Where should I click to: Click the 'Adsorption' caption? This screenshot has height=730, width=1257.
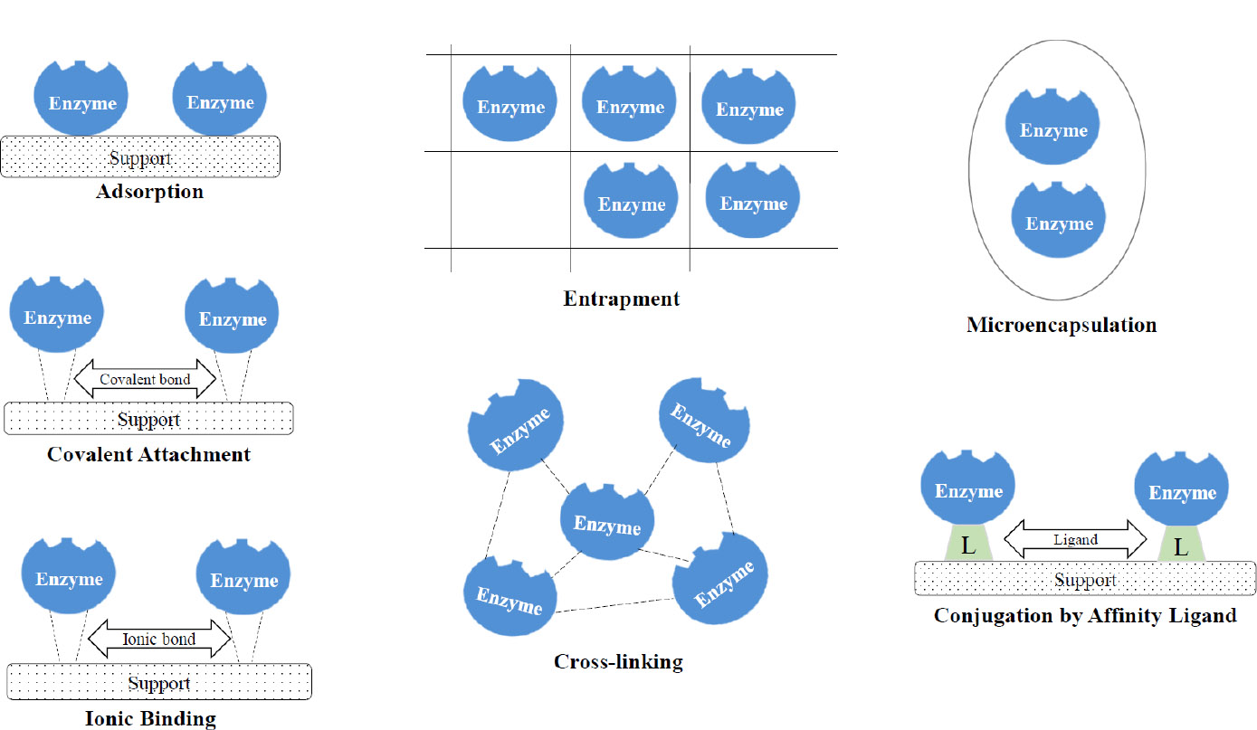pos(149,192)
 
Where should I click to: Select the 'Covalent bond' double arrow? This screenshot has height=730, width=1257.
pos(145,379)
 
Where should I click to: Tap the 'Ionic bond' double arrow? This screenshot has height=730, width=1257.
pos(158,639)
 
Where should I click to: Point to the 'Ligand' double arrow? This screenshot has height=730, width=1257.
pos(1075,539)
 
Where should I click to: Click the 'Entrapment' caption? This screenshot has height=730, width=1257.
pos(621,299)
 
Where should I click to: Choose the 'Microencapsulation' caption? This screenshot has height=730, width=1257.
pos(1062,325)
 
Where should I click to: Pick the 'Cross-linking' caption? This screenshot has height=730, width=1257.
pos(618,662)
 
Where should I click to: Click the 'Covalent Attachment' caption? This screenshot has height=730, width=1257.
pos(148,454)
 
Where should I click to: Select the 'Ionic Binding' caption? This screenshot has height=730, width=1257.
pos(150,719)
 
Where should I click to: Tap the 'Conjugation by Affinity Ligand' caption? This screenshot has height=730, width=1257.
pos(1085,616)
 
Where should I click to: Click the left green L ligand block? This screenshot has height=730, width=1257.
pos(967,545)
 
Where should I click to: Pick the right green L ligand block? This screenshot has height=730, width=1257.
pos(1181,545)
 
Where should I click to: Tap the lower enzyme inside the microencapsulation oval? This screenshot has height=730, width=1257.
pos(1059,222)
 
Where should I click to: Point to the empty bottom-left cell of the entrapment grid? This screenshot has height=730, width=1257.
pos(510,199)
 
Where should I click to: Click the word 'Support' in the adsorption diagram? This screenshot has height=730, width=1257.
pos(140,159)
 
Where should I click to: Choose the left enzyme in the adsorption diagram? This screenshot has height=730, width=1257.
pos(81,100)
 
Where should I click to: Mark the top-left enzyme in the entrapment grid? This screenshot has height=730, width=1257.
pos(510,105)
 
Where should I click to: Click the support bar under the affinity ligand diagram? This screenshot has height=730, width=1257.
pos(1085,580)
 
